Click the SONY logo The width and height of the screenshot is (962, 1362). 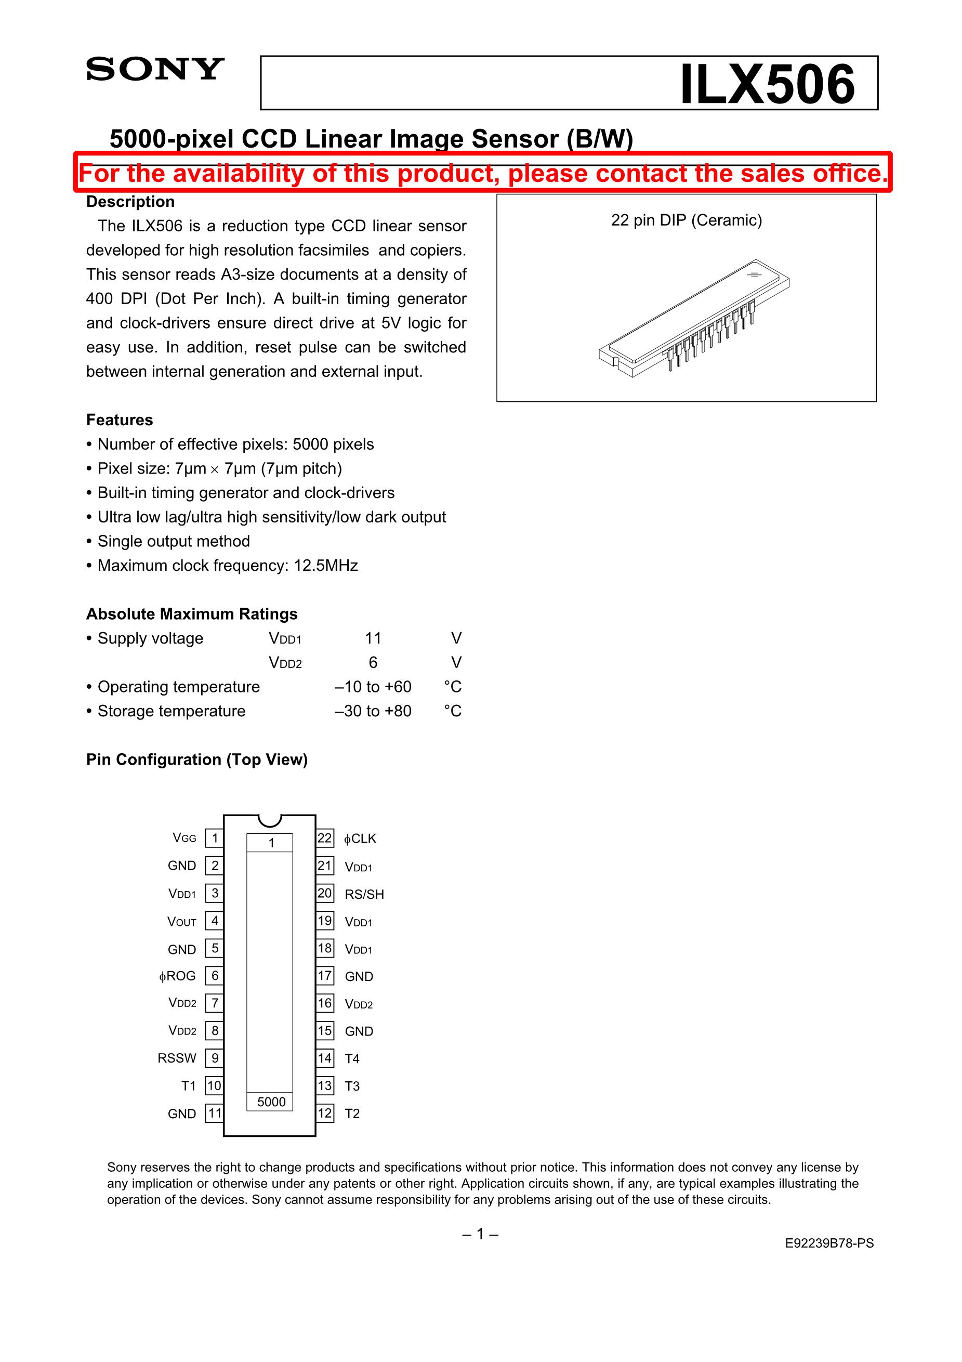(155, 70)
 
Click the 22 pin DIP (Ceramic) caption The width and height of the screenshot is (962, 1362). (686, 220)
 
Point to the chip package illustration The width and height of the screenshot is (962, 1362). (694, 317)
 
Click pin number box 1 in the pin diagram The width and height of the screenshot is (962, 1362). (215, 838)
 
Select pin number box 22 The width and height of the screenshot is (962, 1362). (324, 838)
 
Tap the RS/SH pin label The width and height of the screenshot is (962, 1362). (364, 894)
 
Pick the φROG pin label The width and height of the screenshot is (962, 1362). (177, 976)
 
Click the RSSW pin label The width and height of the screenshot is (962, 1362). (177, 1058)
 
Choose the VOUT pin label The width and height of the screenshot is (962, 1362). (181, 922)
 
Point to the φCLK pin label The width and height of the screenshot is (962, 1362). (360, 839)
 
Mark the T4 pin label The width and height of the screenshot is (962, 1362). (352, 1059)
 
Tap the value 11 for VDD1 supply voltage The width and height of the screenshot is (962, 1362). (373, 638)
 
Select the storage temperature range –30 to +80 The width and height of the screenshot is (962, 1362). (373, 711)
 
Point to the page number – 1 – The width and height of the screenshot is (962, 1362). (480, 1234)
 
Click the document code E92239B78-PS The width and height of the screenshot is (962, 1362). (829, 1243)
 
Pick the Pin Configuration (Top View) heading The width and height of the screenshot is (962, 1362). (197, 760)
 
